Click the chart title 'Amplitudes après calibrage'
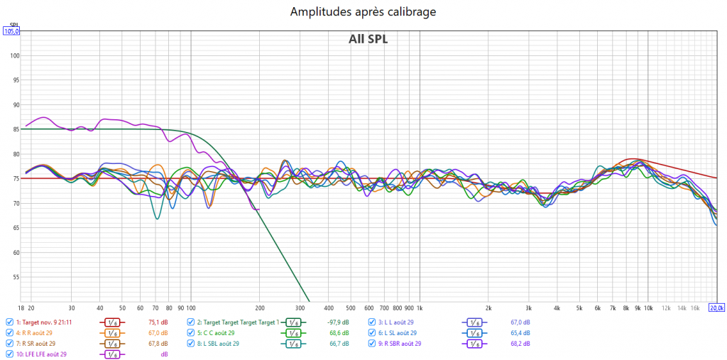(363, 11)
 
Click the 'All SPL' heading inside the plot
(368, 39)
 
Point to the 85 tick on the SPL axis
(16, 129)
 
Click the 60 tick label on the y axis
(16, 253)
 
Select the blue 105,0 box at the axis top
(11, 31)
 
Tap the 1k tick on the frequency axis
(419, 308)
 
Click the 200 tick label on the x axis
(260, 308)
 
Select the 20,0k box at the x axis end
(717, 308)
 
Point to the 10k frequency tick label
(647, 308)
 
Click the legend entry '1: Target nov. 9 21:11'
(51, 322)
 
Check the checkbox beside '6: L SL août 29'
(372, 332)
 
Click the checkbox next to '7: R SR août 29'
(9, 343)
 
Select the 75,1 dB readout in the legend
(158, 322)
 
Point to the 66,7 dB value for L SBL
(339, 343)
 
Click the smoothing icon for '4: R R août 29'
(111, 332)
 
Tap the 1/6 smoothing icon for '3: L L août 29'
(474, 322)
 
